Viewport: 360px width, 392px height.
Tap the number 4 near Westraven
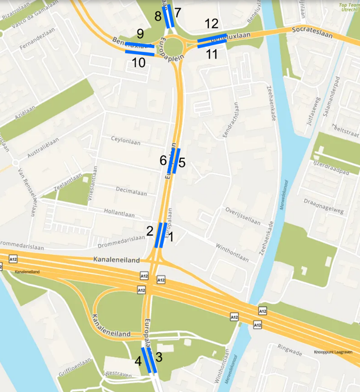(138, 361)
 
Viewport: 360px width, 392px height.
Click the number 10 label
(139, 63)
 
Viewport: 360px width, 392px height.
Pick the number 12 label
(212, 24)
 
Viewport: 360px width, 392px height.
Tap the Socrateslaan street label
(312, 33)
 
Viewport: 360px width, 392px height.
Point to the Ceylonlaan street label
(126, 140)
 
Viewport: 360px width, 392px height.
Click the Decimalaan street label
(131, 193)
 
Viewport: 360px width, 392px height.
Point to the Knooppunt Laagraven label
(333, 352)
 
